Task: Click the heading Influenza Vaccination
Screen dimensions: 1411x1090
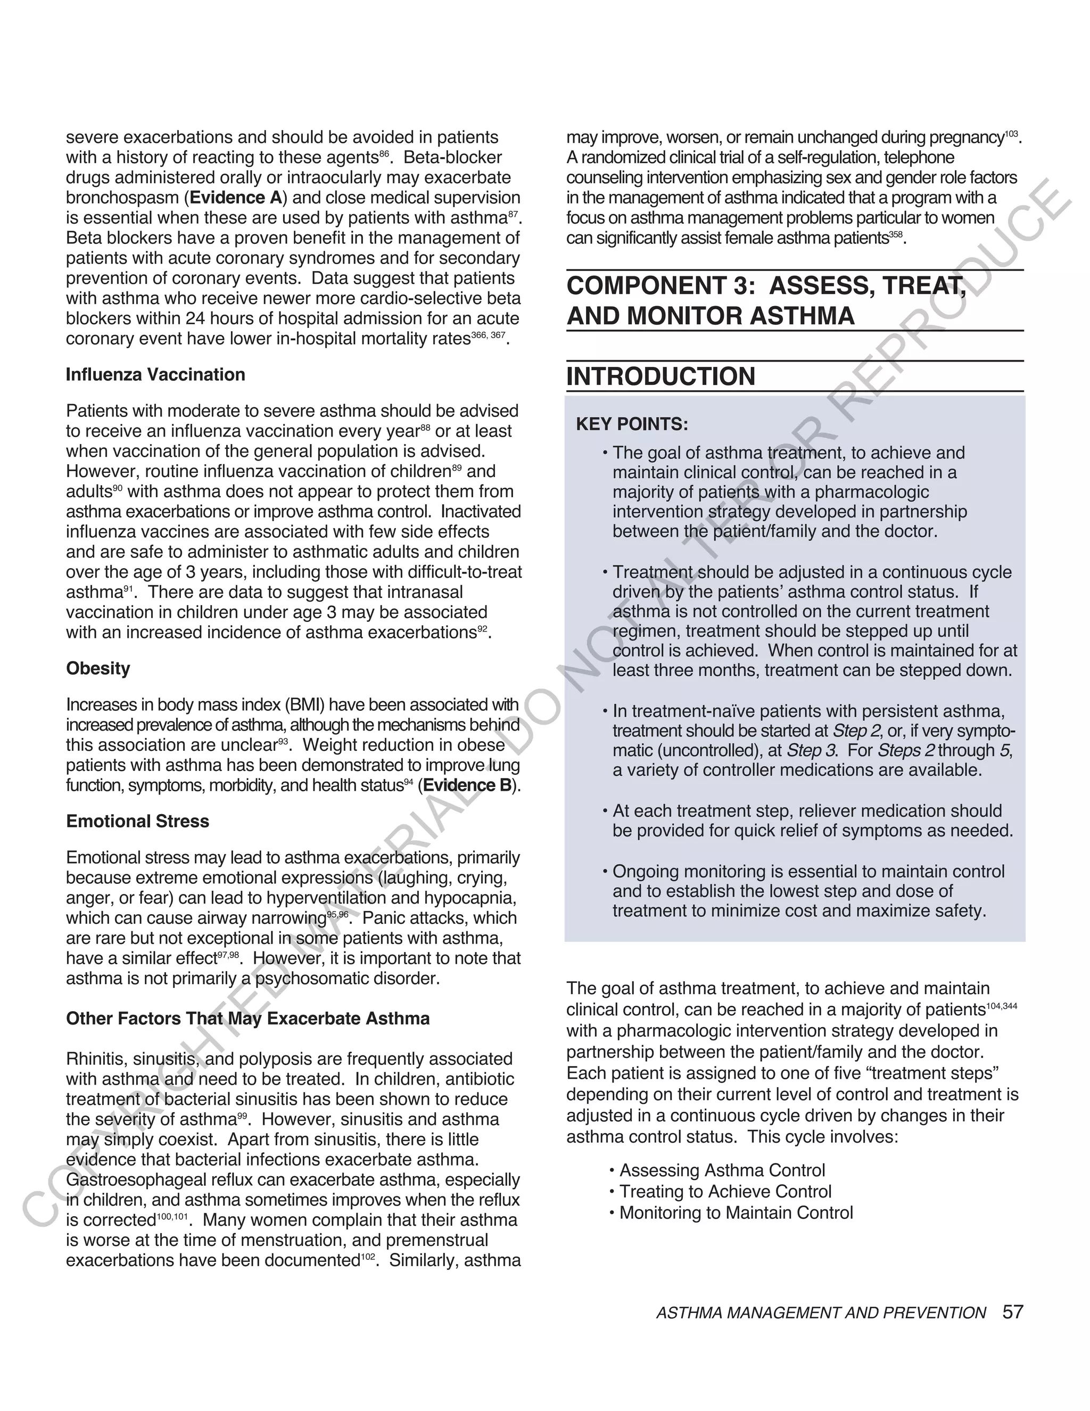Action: point(155,375)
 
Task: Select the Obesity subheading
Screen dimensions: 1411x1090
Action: point(98,668)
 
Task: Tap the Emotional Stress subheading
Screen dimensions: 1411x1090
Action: point(137,821)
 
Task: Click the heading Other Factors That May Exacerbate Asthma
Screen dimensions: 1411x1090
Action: point(248,1018)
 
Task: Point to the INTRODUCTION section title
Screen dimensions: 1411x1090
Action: point(660,376)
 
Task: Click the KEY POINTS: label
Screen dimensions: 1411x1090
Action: point(632,424)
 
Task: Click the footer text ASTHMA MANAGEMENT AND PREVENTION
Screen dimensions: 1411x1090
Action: point(821,1313)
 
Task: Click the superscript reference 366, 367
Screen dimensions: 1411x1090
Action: point(488,335)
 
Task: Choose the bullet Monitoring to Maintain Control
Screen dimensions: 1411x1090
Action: point(736,1212)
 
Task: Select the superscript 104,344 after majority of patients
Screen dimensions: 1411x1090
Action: point(1002,1006)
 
